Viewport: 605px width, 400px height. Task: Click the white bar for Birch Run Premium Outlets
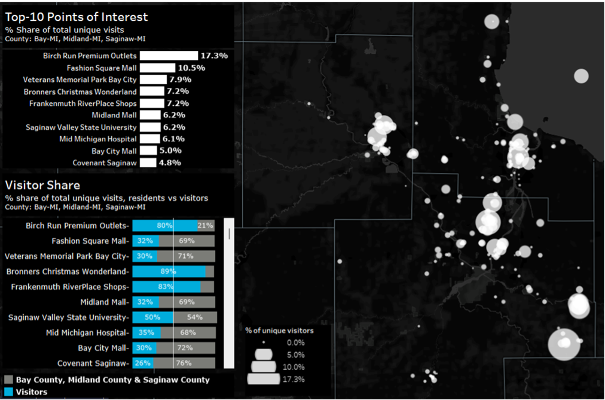[169, 56]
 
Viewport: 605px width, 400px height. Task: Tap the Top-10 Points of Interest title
[77, 17]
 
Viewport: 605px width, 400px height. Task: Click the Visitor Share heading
[42, 185]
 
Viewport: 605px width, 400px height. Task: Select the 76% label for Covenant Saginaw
[184, 363]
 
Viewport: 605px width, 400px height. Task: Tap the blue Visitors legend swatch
[8, 392]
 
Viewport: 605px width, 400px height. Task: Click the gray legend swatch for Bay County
[8, 380]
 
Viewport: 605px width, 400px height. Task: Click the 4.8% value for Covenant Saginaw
[170, 162]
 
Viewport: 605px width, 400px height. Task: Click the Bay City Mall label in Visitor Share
[103, 348]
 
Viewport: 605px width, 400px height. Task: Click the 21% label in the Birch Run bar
[205, 226]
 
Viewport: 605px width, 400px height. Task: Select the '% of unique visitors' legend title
[279, 330]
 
